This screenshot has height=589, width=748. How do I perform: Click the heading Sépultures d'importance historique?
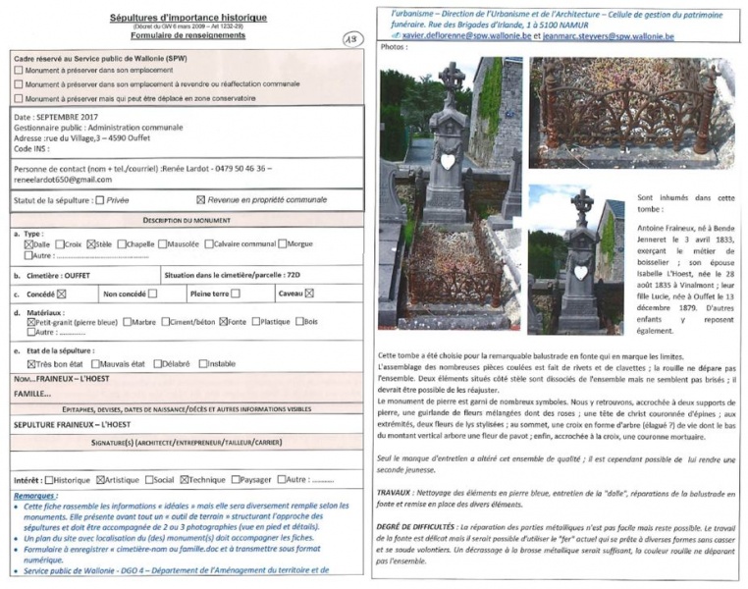tap(188, 19)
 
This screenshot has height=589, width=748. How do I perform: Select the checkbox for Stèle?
tap(91, 243)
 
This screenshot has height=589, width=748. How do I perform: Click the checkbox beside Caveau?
tap(309, 293)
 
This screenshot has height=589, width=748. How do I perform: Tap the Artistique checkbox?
tap(100, 480)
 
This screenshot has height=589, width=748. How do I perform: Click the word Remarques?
tap(36, 495)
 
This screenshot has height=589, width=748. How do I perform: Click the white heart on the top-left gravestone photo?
tap(448, 161)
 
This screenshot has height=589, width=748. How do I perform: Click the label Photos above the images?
tap(393, 47)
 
